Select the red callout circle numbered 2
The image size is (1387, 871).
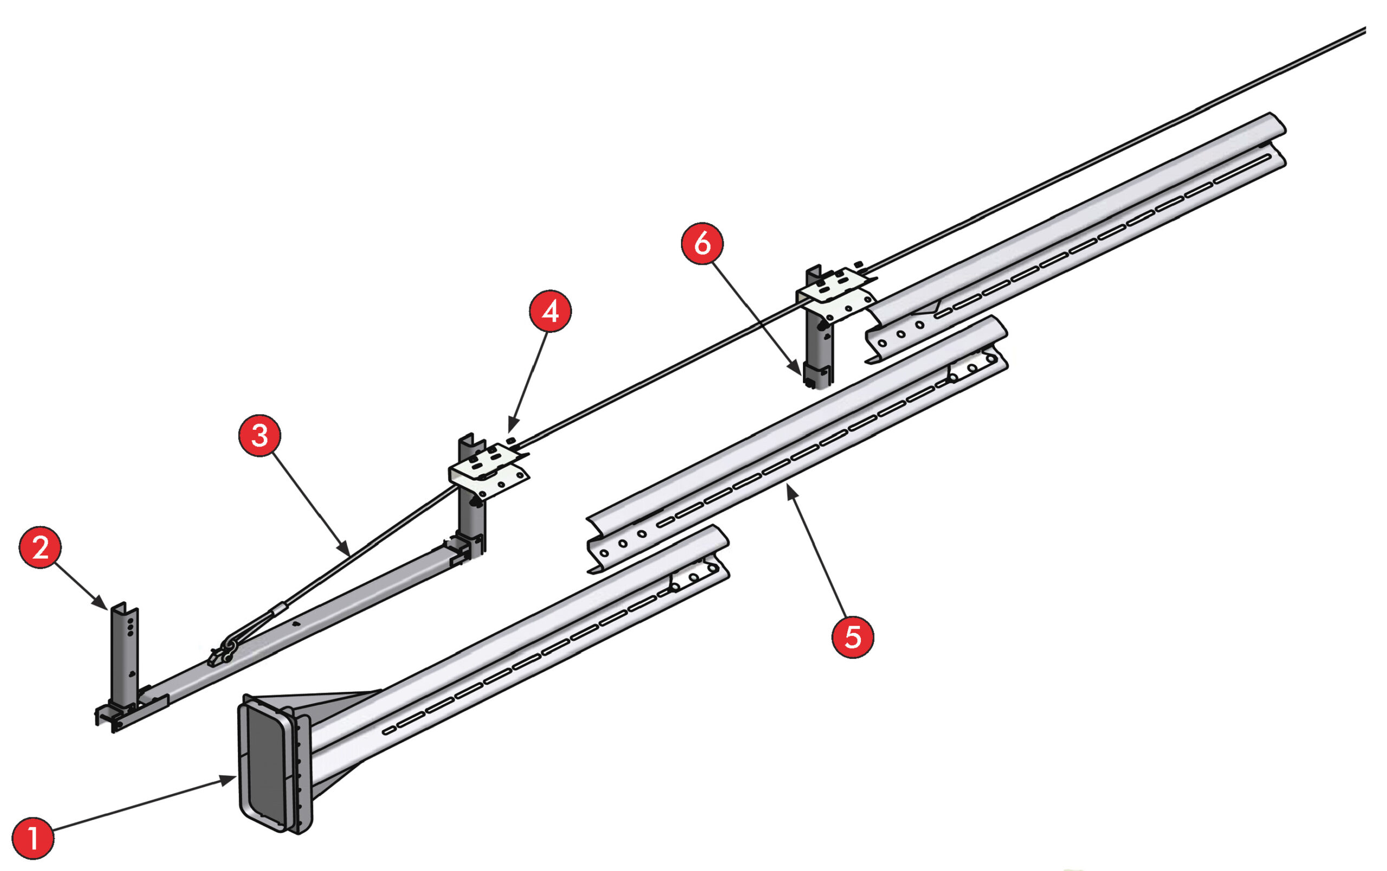pyautogui.click(x=40, y=547)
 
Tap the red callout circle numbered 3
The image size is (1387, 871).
pyautogui.click(x=259, y=435)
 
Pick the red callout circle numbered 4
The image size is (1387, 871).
pyautogui.click(x=549, y=311)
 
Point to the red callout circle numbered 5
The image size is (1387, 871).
pyautogui.click(x=852, y=637)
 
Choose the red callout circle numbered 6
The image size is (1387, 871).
pyautogui.click(x=702, y=244)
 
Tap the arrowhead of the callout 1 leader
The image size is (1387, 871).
pyautogui.click(x=230, y=778)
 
